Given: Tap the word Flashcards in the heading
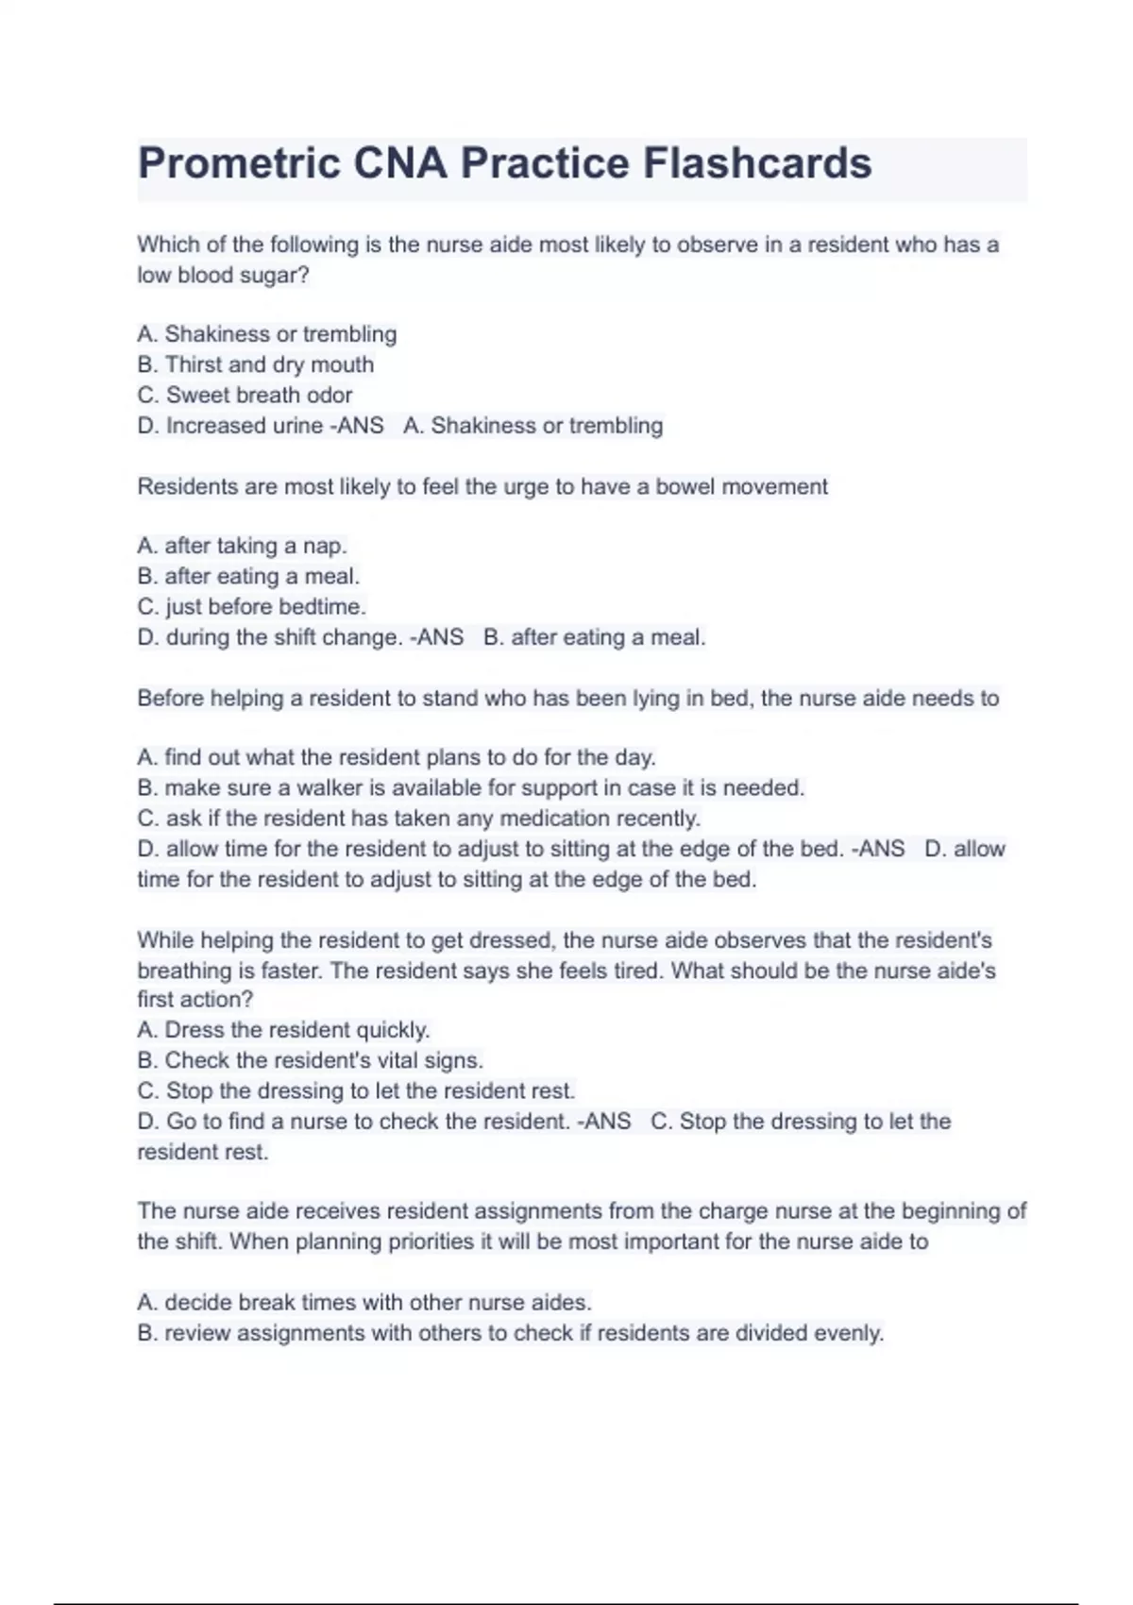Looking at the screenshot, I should point(757,163).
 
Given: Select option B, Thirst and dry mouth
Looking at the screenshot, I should point(256,364).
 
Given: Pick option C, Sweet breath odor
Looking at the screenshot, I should point(245,395).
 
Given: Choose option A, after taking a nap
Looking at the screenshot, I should point(243,546).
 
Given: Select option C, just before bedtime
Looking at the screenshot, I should point(252,606).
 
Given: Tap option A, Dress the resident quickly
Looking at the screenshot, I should point(283,1030).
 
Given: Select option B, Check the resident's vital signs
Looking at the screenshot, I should point(311,1060).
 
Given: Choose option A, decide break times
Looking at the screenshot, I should point(364,1303).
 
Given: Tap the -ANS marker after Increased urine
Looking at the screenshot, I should point(357,426).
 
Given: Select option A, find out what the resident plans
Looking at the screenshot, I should point(397,757).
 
